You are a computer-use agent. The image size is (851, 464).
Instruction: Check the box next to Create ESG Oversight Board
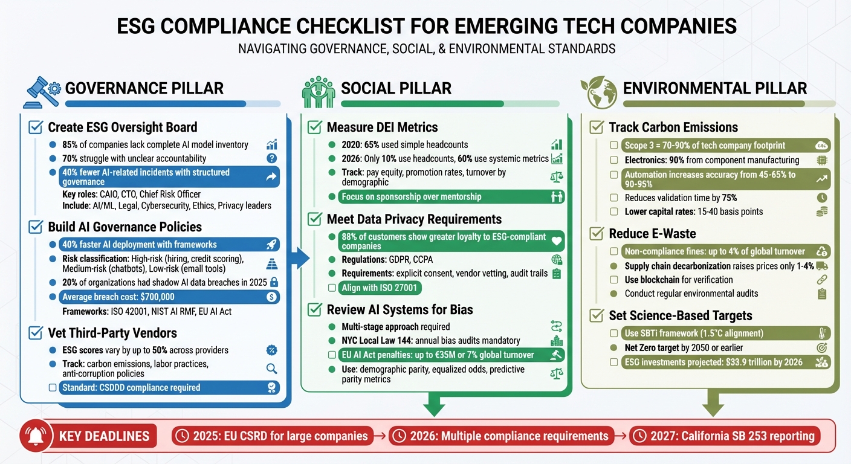pos(36,127)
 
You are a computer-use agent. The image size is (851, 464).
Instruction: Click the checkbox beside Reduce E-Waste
pos(597,233)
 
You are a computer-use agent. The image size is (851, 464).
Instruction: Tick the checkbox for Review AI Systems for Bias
pos(314,309)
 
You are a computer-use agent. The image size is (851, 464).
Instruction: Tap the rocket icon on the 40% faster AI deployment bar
pos(271,245)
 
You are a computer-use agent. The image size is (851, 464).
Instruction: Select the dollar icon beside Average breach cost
pos(271,297)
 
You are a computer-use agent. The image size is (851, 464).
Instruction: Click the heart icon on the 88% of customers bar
pos(557,240)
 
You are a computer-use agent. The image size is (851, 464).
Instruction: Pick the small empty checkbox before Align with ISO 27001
pos(331,288)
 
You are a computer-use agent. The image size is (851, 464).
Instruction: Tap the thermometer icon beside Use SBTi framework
pos(821,333)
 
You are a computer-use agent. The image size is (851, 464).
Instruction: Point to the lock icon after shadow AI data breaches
pos(274,282)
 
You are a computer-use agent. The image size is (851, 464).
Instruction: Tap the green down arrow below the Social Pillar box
pos(434,403)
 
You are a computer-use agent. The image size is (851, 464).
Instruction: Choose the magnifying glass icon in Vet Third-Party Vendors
pos(271,369)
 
